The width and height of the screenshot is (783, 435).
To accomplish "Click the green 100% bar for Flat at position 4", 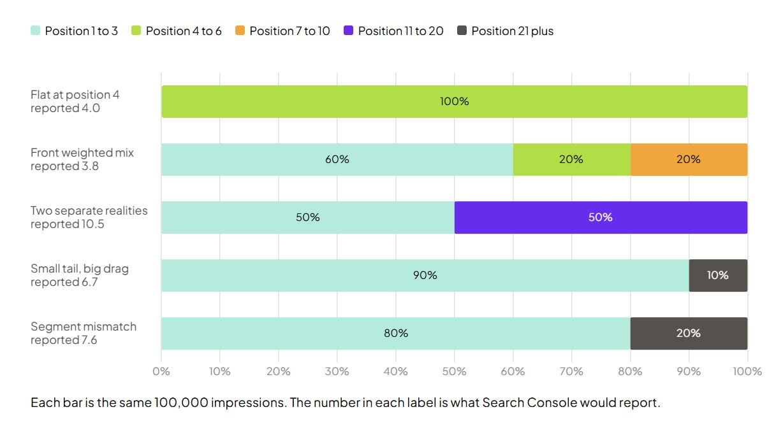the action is [x=455, y=102].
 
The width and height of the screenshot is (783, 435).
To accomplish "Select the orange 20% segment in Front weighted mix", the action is [x=689, y=160].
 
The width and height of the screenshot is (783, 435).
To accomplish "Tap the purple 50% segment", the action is [x=601, y=218].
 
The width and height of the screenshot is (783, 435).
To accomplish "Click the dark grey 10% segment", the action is [x=719, y=275].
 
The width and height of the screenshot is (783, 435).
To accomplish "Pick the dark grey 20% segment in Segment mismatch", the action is [x=689, y=333].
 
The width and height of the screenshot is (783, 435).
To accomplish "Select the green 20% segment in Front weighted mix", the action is [x=572, y=160].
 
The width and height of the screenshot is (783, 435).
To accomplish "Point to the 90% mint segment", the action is [x=425, y=275].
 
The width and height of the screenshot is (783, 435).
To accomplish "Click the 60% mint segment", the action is [x=337, y=160].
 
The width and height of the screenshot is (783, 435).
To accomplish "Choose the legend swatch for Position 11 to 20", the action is [x=349, y=31].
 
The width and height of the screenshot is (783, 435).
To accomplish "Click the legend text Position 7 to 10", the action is [x=289, y=31].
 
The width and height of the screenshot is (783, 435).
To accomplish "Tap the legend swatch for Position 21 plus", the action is [x=462, y=31].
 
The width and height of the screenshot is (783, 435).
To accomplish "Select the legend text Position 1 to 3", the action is [x=82, y=31].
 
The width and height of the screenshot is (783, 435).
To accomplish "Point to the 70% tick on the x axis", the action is [x=571, y=371].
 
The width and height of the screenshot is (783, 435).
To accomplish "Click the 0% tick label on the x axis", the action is [x=161, y=371].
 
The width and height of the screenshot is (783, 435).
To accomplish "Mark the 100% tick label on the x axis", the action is [x=747, y=371].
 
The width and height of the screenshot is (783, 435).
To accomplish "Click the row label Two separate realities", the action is [x=89, y=211].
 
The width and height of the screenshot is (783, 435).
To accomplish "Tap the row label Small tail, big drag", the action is [x=80, y=269].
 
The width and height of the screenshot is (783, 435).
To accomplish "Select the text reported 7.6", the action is [x=64, y=340].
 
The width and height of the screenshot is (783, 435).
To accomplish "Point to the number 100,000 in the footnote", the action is [x=181, y=403].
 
